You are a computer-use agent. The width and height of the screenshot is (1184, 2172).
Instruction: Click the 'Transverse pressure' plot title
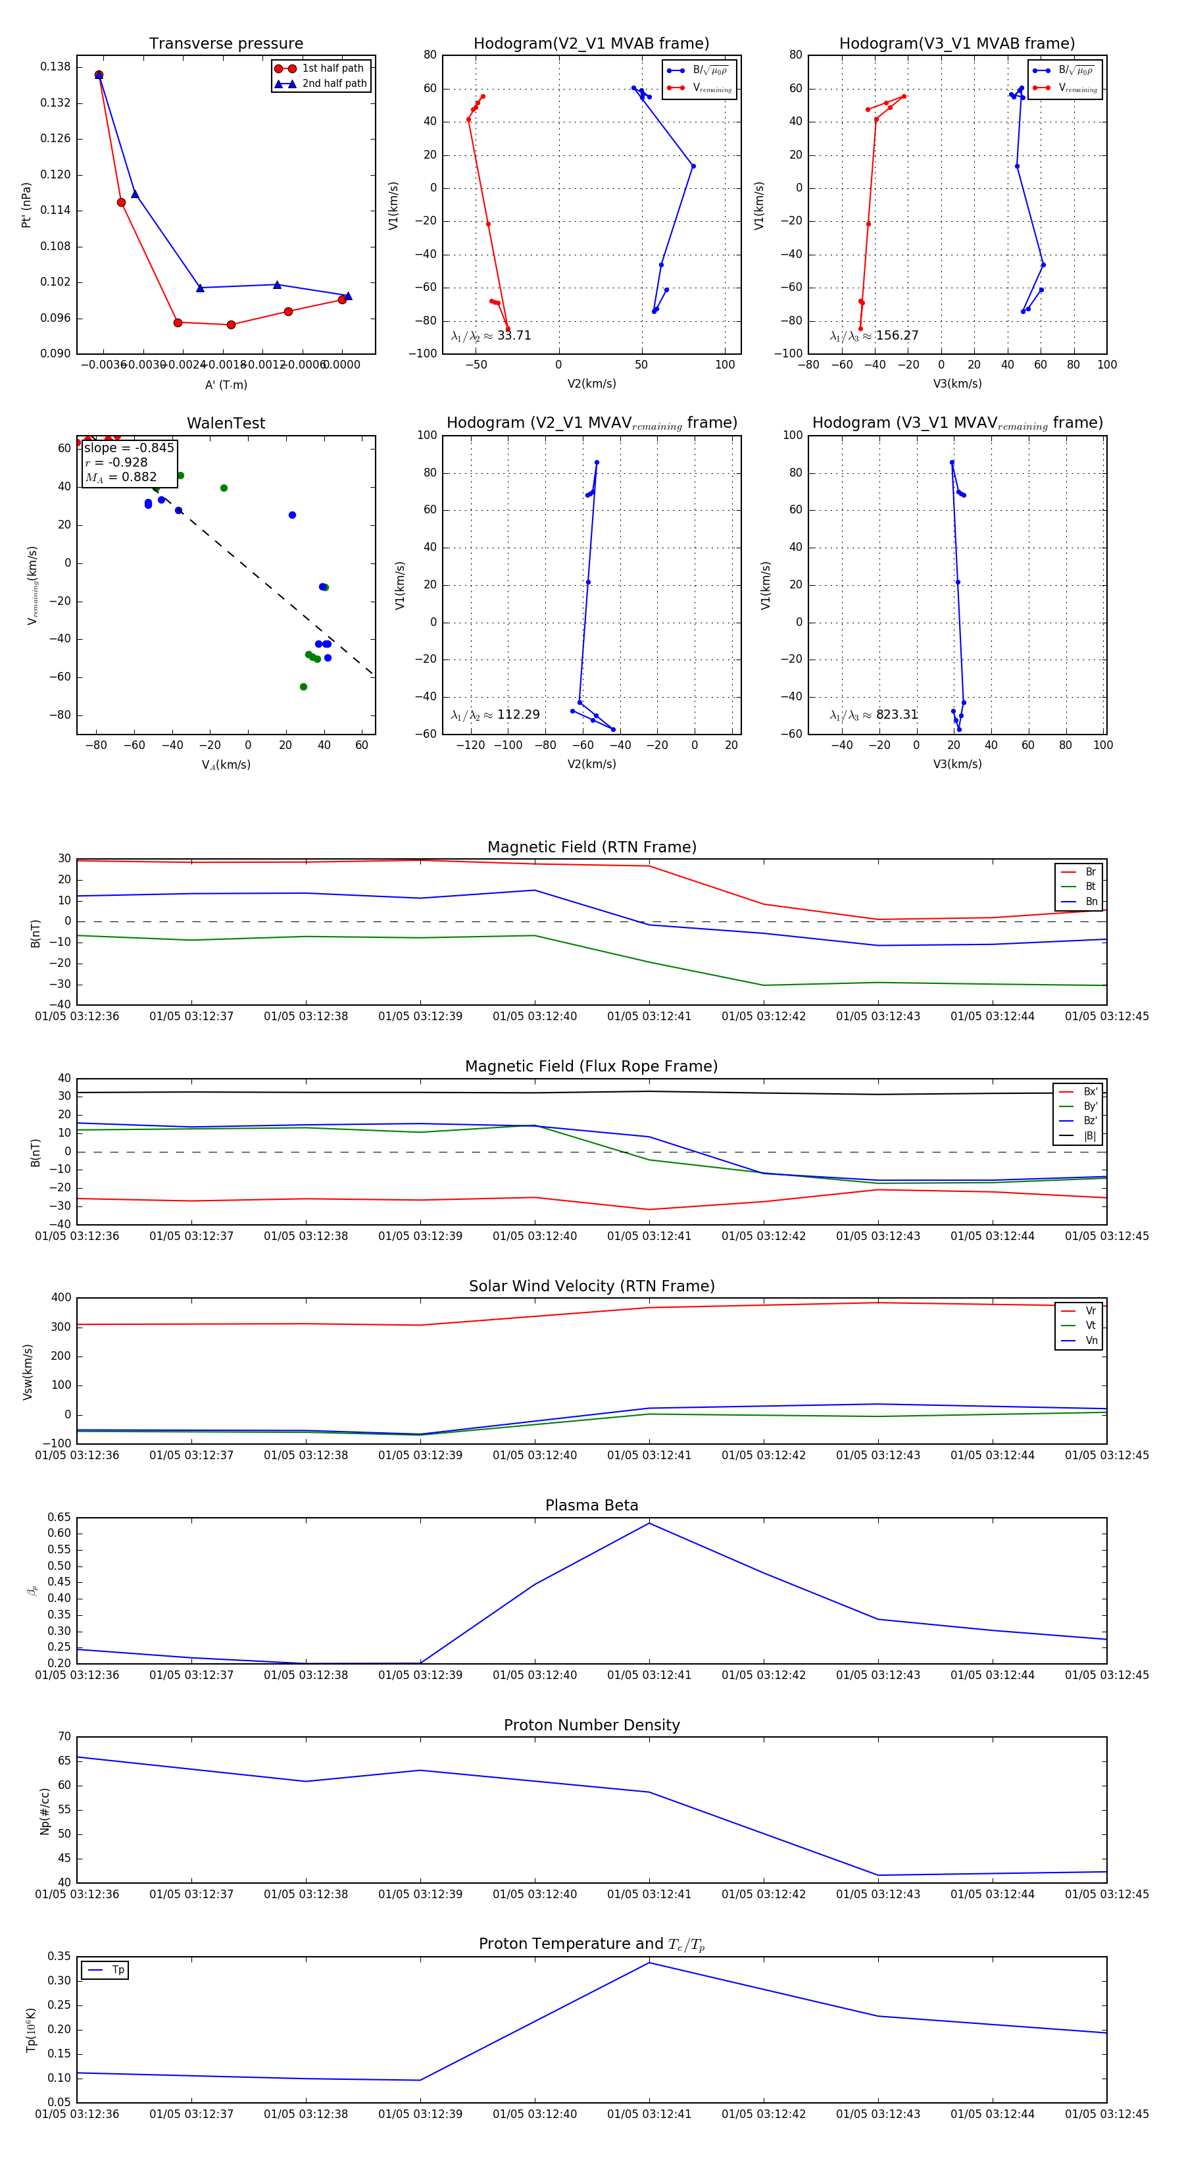coord(226,44)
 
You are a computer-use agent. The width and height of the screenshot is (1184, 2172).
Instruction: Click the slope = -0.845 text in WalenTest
coord(129,448)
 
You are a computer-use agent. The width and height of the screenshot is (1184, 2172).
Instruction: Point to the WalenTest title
coord(226,423)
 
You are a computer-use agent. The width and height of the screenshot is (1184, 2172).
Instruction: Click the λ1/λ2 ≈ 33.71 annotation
coord(491,336)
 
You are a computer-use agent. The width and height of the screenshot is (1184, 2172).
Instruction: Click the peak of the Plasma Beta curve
coord(649,1523)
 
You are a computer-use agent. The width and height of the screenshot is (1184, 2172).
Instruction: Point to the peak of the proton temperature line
coord(649,1963)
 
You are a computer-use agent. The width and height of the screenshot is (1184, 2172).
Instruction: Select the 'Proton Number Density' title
coord(591,1725)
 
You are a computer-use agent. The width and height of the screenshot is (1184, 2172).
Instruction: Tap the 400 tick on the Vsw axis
coord(61,1298)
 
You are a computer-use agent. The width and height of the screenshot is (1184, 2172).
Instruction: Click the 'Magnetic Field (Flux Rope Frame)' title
coord(591,1067)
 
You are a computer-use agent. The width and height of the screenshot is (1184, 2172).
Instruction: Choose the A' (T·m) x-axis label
coord(226,384)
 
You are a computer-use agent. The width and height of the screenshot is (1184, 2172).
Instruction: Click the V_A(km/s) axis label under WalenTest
coord(226,765)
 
